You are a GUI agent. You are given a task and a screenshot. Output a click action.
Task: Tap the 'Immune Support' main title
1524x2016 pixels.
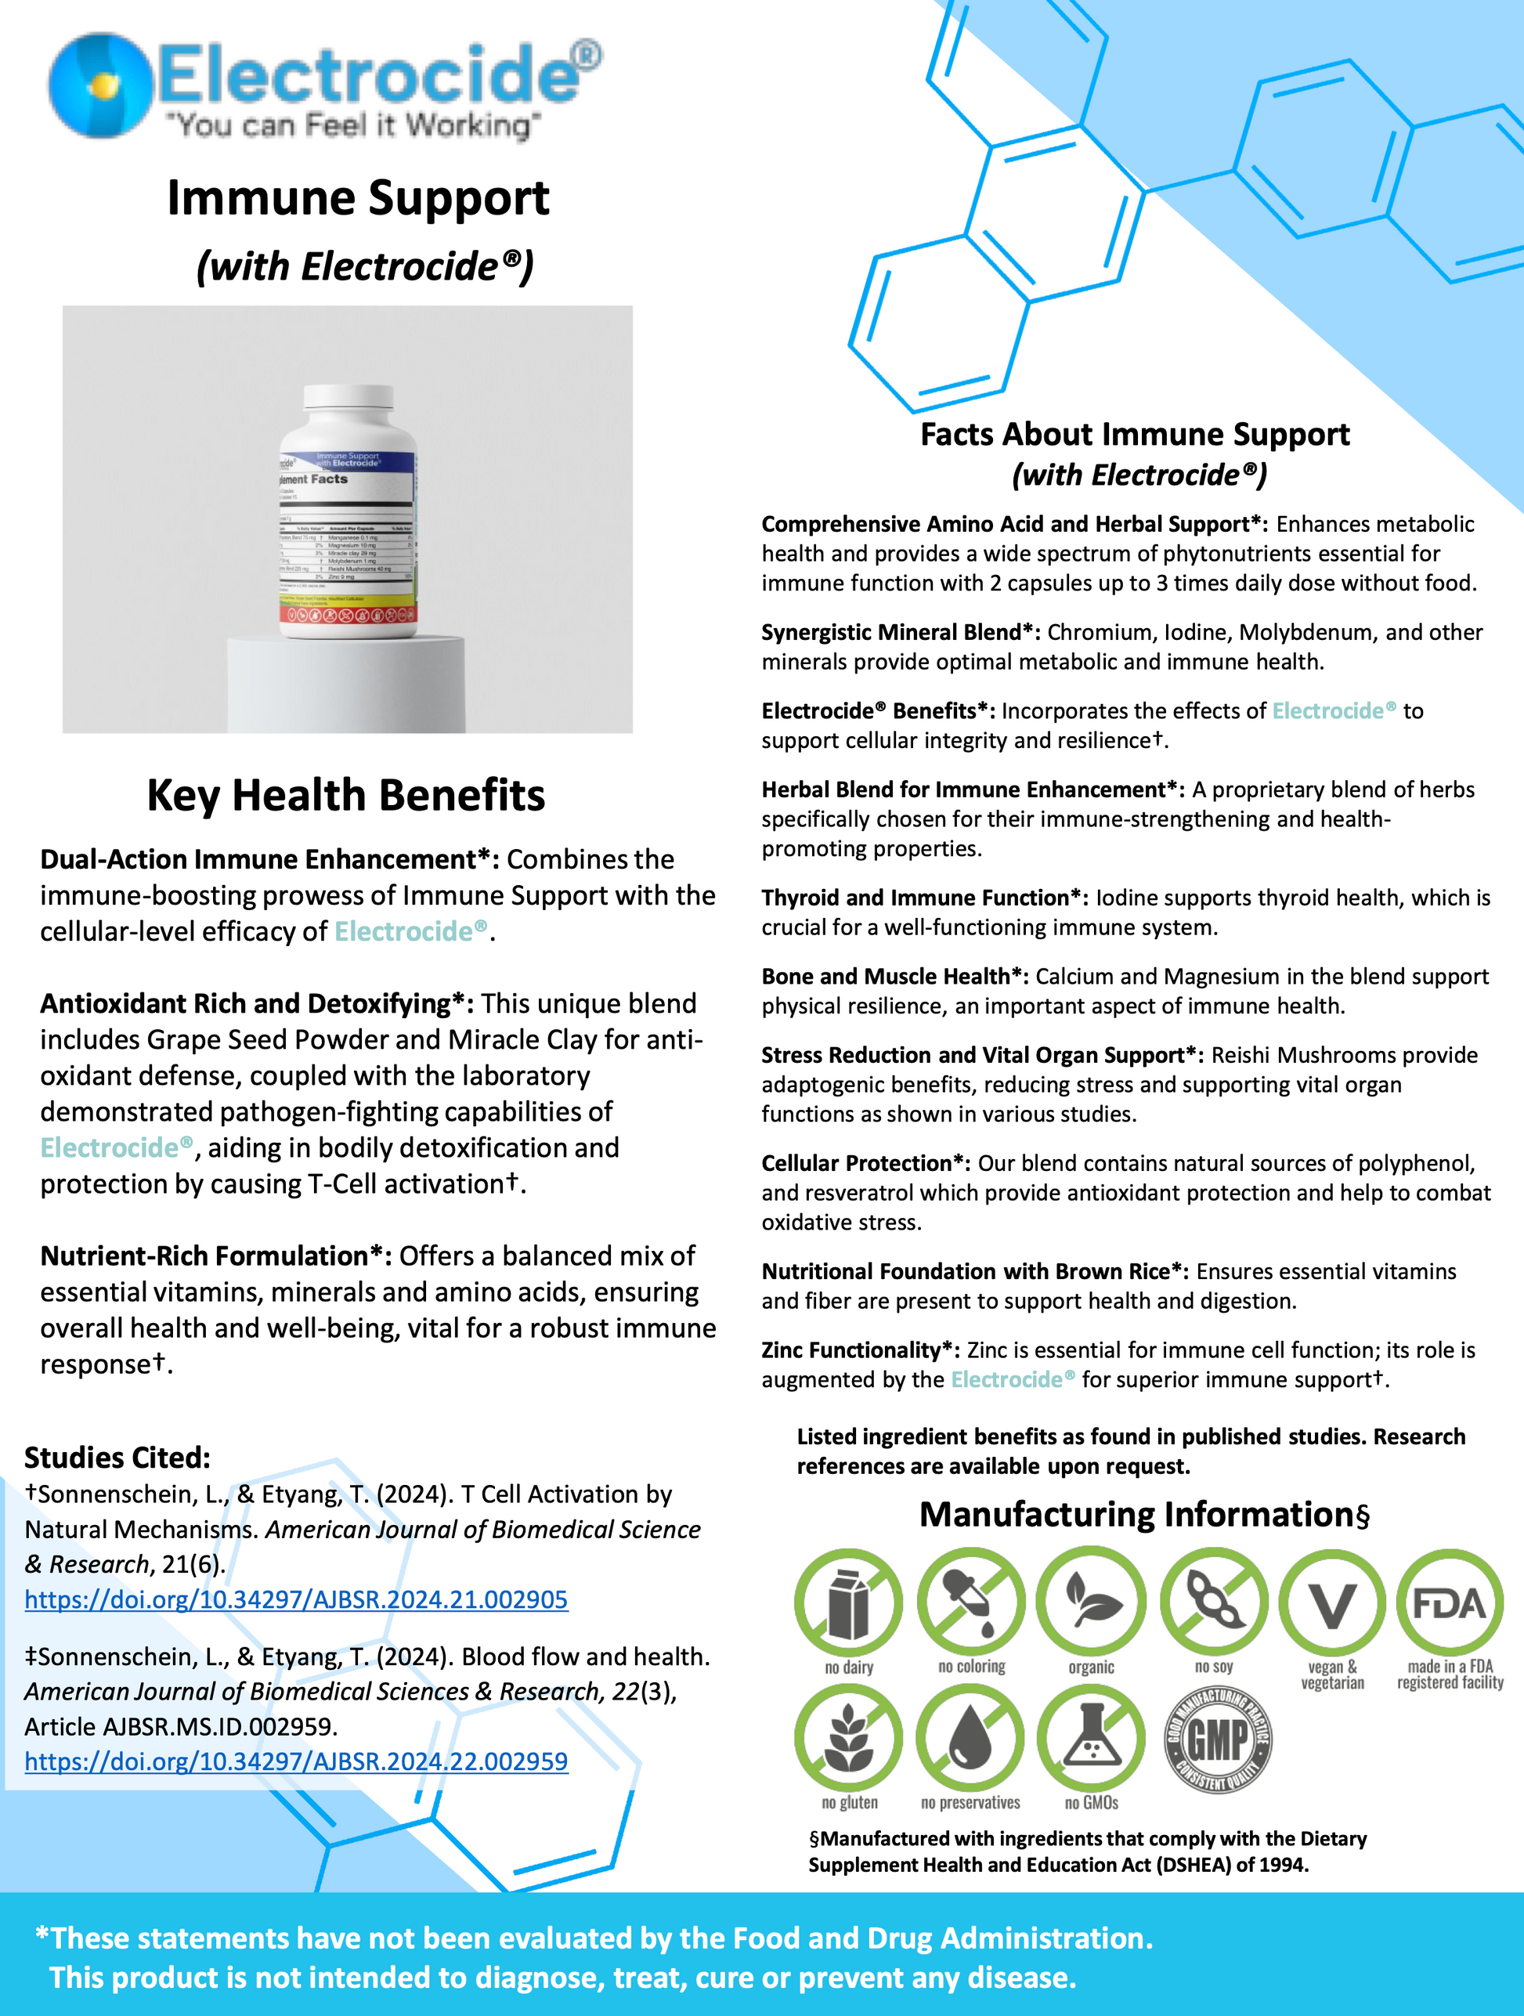(357, 198)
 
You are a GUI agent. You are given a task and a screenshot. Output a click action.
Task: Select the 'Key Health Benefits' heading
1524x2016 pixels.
(345, 795)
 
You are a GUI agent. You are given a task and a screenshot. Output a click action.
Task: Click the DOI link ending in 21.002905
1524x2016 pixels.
(296, 1599)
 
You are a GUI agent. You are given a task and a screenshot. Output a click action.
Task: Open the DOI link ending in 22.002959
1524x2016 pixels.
(296, 1761)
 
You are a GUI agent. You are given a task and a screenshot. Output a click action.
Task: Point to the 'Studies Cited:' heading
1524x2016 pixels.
(117, 1458)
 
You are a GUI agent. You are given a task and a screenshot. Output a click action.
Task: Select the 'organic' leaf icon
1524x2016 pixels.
(1091, 1602)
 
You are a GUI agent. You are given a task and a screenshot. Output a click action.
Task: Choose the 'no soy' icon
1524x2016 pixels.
(1213, 1602)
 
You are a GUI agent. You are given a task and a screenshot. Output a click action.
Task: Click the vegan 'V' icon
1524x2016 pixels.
(1331, 1602)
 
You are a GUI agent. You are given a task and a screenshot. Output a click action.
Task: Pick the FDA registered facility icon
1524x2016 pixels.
(1450, 1602)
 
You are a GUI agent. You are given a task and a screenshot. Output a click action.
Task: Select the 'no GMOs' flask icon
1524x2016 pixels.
(1091, 1738)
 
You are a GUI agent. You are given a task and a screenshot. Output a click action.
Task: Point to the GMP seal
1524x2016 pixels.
(1218, 1738)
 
